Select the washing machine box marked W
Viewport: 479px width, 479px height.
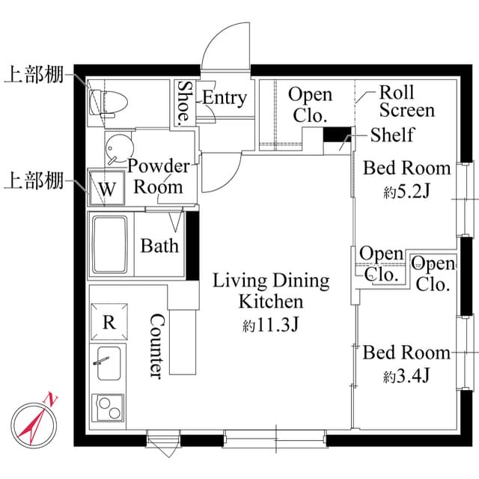click(107, 188)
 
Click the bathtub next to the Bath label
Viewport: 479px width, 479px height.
click(110, 245)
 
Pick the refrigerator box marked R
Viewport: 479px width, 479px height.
click(109, 322)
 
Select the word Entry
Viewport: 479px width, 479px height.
click(225, 98)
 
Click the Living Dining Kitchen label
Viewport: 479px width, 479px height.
click(271, 291)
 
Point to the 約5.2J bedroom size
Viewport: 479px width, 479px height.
click(406, 192)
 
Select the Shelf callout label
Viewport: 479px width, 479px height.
click(392, 135)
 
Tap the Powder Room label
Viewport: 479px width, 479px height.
click(158, 176)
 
